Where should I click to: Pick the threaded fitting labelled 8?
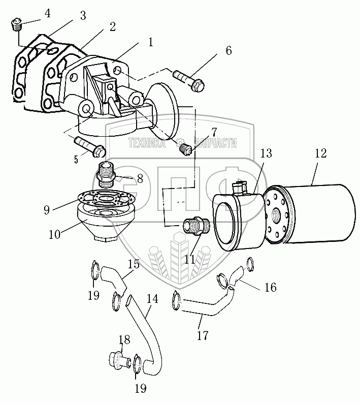tap(107, 173)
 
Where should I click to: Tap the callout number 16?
tap(270, 287)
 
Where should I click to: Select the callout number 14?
tap(151, 299)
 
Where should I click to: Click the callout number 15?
tap(133, 264)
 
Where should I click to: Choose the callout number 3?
tap(82, 16)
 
